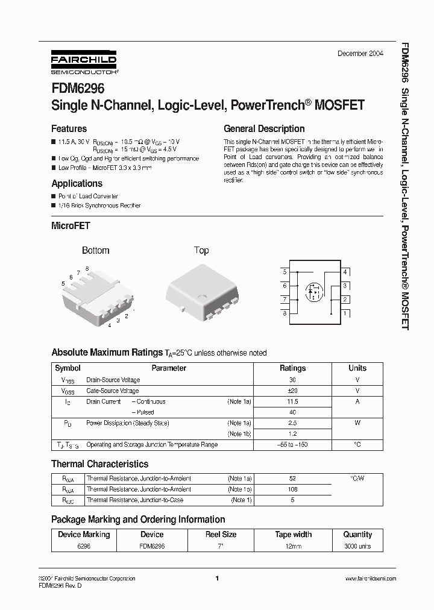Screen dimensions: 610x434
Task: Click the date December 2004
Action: tap(360, 54)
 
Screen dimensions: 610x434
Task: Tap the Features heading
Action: tap(69, 128)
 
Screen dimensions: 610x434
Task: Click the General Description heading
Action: tap(264, 128)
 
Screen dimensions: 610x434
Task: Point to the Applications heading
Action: tap(77, 183)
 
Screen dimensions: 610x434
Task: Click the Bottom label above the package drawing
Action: tap(95, 250)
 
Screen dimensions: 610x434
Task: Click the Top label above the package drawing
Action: tap(201, 250)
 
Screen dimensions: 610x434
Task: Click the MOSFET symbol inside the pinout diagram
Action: tap(313, 292)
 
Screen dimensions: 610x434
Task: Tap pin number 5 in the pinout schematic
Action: tap(285, 272)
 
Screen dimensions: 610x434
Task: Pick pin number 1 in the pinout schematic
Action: tap(345, 313)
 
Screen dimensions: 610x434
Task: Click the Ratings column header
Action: tap(292, 368)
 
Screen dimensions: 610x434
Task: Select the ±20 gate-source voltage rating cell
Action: tap(292, 391)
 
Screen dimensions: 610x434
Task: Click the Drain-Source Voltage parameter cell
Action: tap(113, 380)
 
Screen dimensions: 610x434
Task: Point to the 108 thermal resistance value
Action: tap(292, 489)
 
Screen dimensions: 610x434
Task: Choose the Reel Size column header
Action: tap(221, 535)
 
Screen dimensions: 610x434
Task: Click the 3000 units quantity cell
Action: tap(357, 546)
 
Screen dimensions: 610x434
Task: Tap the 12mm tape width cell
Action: tap(293, 546)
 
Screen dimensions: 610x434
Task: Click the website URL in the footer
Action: tap(370, 579)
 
